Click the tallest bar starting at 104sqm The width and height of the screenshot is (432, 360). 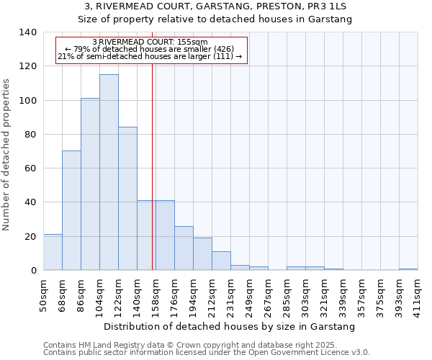click(x=109, y=173)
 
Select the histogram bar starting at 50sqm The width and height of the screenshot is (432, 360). click(x=53, y=253)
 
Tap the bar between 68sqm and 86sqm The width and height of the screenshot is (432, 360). click(x=71, y=211)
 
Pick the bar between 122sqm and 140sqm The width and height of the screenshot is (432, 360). click(x=127, y=199)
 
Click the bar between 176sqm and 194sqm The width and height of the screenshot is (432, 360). click(x=184, y=248)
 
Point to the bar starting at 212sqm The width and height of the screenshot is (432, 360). click(x=221, y=261)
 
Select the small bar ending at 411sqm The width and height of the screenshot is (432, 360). click(x=408, y=269)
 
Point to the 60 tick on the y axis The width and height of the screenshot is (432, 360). click(x=30, y=168)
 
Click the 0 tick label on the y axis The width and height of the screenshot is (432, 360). click(x=33, y=271)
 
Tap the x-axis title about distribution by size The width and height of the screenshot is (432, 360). click(x=230, y=327)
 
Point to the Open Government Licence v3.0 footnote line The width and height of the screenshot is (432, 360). click(x=207, y=353)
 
